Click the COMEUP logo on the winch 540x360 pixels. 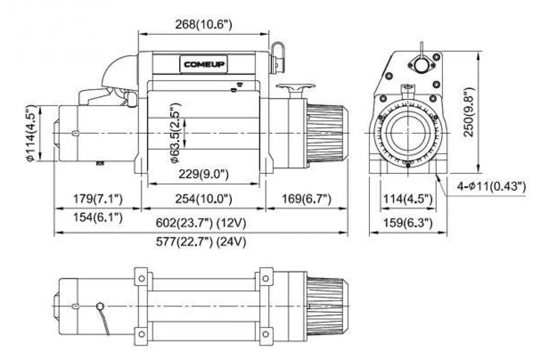pyautogui.click(x=204, y=64)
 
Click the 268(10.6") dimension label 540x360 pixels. pyautogui.click(x=204, y=24)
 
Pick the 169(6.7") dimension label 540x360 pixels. pyautogui.click(x=306, y=198)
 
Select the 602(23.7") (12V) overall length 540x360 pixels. pyautogui.click(x=201, y=223)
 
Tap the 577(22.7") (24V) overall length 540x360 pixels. pyautogui.click(x=201, y=242)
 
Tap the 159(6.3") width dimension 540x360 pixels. pyautogui.click(x=408, y=223)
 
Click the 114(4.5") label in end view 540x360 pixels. pyautogui.click(x=408, y=198)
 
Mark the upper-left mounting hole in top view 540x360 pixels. pyautogui.click(x=142, y=279)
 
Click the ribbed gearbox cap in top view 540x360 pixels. pyautogui.click(x=327, y=306)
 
